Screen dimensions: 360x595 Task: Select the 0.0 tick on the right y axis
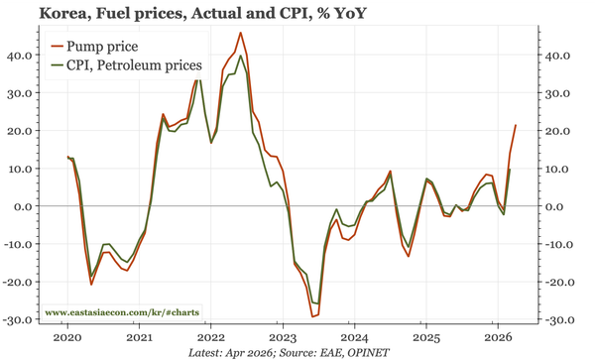pos(556,206)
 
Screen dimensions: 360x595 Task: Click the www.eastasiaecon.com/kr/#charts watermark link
pos(116,313)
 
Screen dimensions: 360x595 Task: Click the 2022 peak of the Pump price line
pos(241,33)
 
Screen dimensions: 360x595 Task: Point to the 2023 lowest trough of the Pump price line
pos(312,316)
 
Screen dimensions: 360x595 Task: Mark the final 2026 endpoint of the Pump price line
pos(516,125)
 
